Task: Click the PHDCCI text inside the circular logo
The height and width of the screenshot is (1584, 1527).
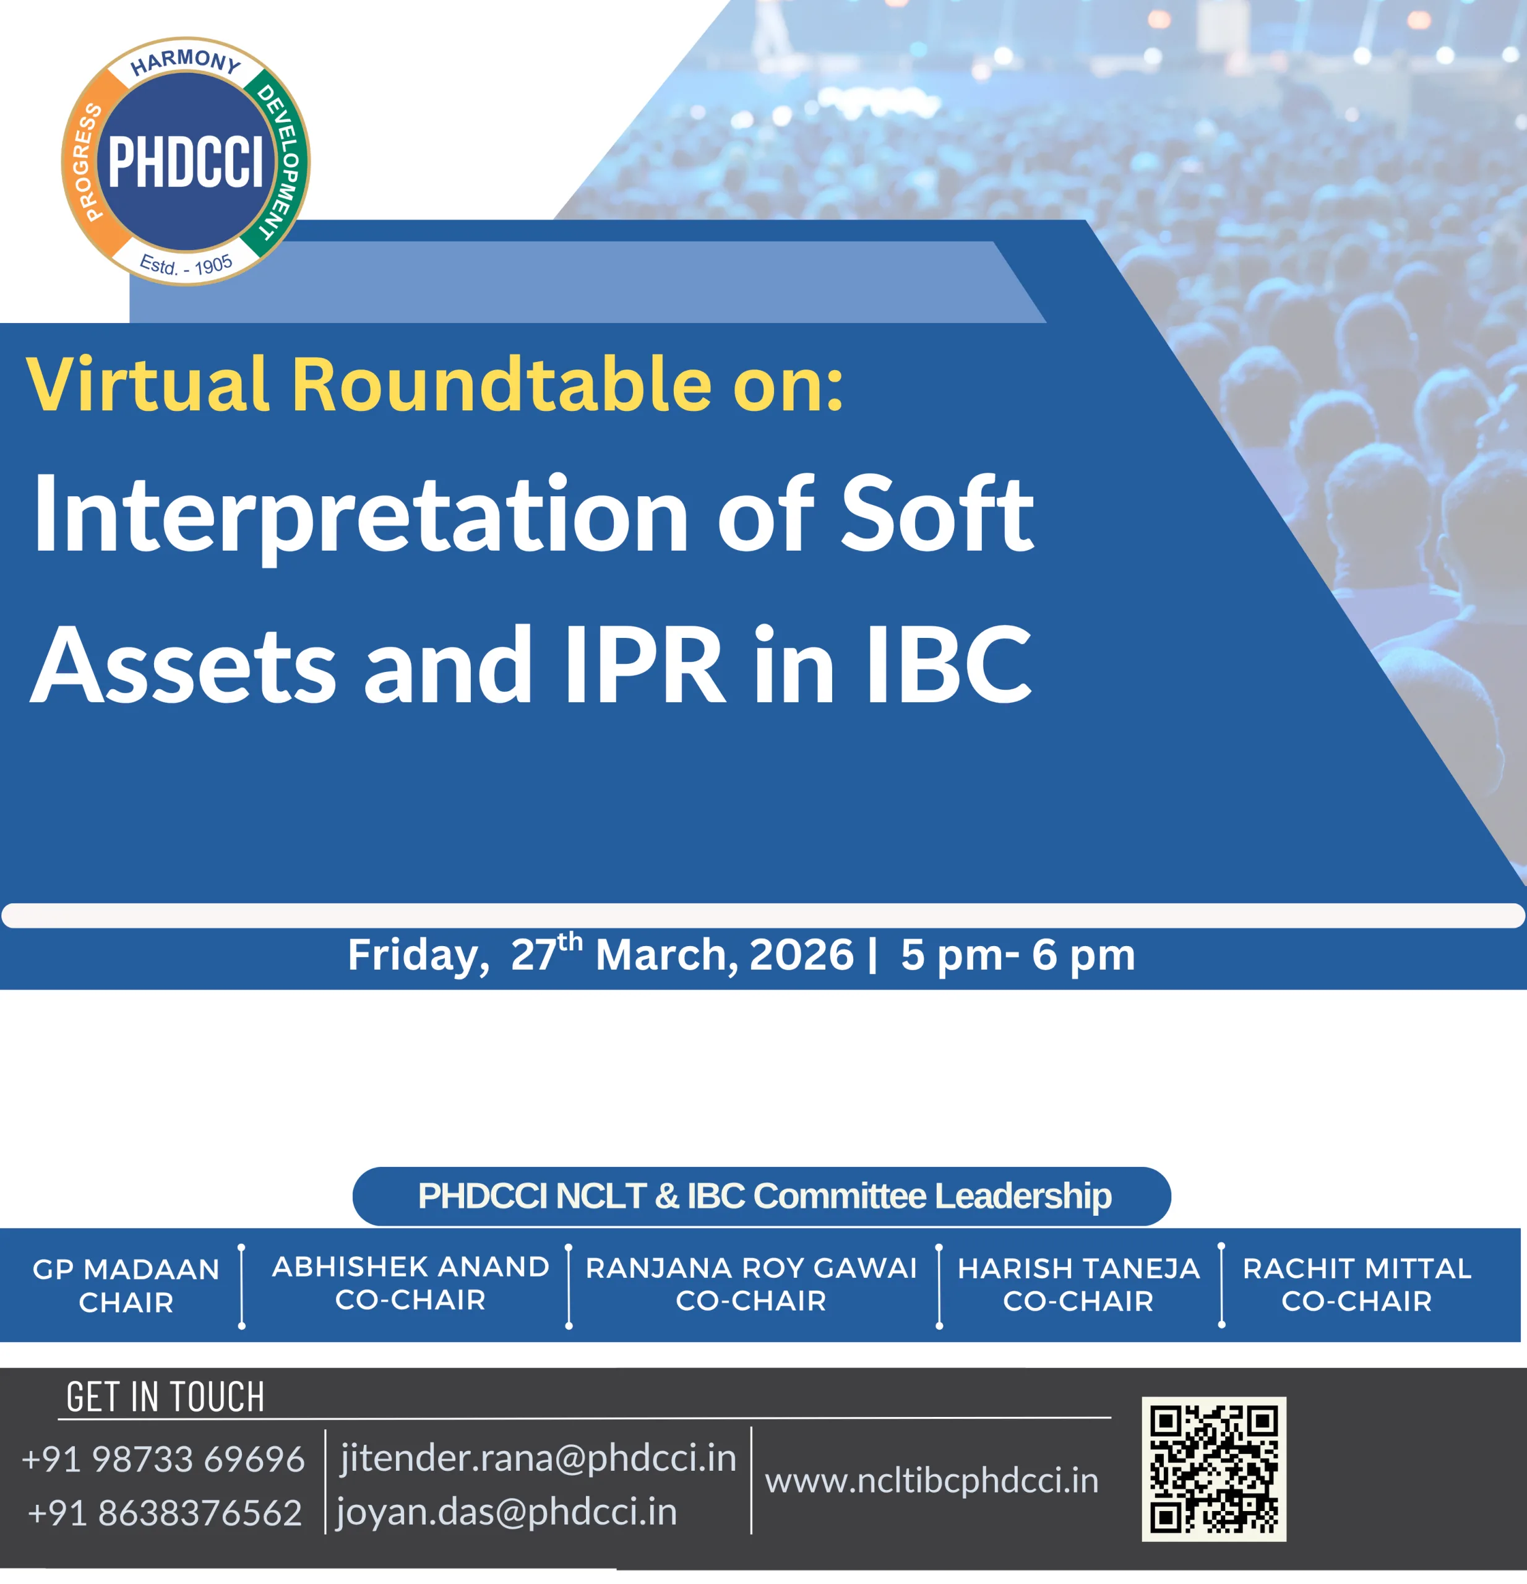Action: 186,161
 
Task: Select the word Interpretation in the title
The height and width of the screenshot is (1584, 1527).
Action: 359,515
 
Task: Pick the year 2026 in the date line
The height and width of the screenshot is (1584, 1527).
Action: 801,955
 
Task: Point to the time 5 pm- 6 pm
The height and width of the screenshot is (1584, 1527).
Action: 1018,955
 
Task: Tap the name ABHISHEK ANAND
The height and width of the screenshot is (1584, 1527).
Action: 410,1267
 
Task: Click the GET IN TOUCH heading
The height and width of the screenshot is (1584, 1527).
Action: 166,1397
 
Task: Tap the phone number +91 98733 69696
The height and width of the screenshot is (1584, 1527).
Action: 163,1460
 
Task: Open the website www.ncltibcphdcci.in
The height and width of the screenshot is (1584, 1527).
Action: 932,1481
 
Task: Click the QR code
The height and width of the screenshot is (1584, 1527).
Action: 1213,1470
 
